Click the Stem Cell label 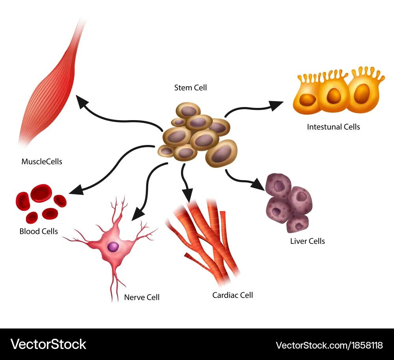click(190, 87)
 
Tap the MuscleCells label click(42, 161)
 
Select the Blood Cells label click(39, 231)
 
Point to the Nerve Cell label click(142, 297)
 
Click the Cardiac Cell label click(232, 295)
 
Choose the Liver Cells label click(307, 241)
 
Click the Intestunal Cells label click(333, 126)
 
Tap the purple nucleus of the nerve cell click(113, 247)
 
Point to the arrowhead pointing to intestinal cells click(277, 104)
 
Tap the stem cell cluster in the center click(197, 136)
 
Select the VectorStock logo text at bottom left click(48, 344)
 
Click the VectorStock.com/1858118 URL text click(329, 345)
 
